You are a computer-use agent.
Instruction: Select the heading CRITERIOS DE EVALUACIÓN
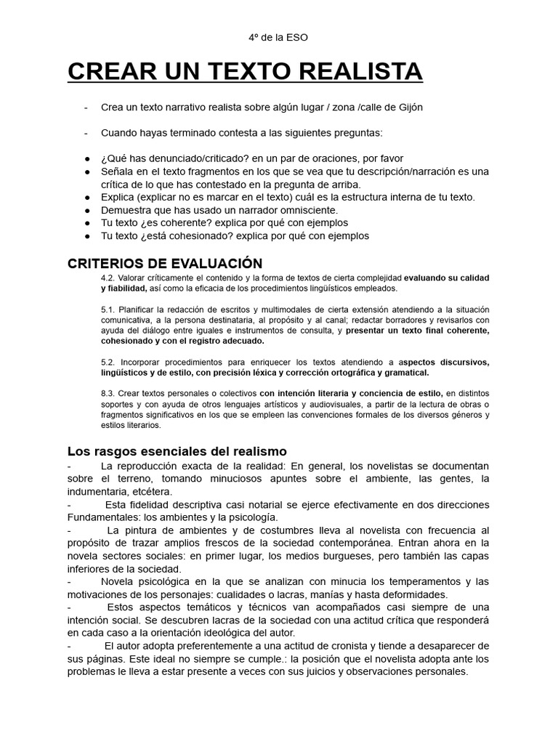tap(165, 262)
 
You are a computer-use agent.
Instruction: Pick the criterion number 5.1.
tap(109, 310)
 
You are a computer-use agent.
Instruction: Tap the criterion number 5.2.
tap(109, 361)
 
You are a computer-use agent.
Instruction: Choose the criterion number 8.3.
tap(109, 393)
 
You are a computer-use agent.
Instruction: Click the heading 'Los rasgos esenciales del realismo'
tap(177, 450)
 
